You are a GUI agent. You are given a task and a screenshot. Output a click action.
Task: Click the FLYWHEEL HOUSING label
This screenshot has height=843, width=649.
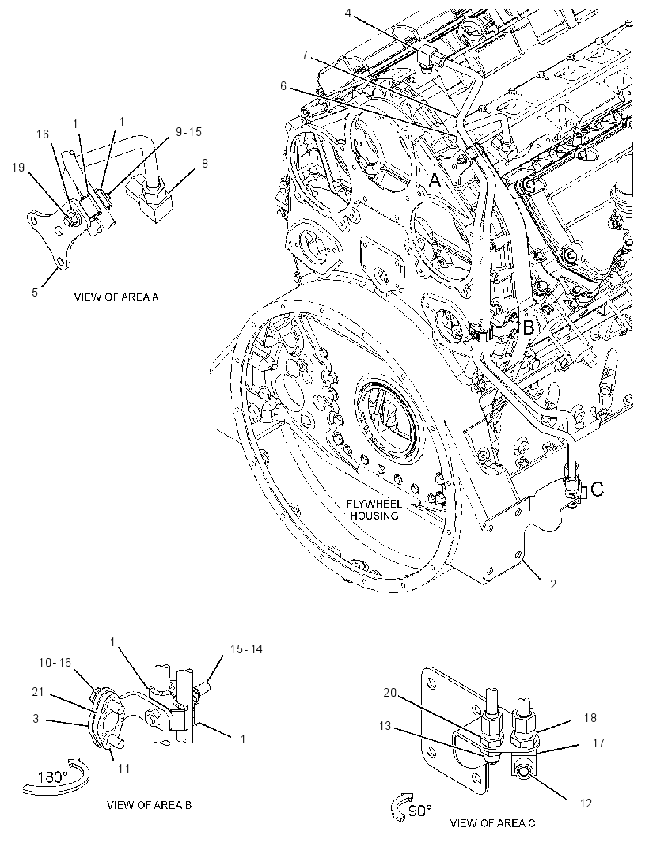click(x=374, y=509)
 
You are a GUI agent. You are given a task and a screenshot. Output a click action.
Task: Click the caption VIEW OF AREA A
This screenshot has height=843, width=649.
click(x=116, y=297)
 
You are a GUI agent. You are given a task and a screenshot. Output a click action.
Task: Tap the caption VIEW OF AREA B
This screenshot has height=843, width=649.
click(x=149, y=805)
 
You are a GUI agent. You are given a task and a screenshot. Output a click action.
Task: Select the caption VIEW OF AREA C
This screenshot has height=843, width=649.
click(x=492, y=822)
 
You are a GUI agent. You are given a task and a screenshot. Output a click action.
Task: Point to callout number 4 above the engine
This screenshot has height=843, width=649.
click(x=348, y=13)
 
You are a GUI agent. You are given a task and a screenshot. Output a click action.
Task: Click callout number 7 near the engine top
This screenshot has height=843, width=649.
click(x=305, y=55)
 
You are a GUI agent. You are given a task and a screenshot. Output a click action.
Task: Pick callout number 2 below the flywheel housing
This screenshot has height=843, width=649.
click(x=553, y=584)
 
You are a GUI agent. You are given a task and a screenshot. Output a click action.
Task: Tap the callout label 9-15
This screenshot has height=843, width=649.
click(x=189, y=132)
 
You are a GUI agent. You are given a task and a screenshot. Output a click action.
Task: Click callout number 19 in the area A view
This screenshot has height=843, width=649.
click(x=18, y=167)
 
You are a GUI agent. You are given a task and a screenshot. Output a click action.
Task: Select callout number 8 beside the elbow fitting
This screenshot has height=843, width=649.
click(x=204, y=163)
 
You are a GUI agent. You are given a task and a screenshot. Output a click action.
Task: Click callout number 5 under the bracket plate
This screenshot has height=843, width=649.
click(x=35, y=293)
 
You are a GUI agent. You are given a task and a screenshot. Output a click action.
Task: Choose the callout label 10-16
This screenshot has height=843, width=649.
click(x=55, y=663)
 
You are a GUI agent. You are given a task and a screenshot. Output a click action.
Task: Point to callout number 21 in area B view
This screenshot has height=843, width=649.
click(x=37, y=692)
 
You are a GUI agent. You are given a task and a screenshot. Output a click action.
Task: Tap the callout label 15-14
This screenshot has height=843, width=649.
click(x=246, y=649)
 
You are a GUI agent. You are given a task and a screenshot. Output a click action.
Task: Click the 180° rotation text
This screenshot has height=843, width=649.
click(x=53, y=777)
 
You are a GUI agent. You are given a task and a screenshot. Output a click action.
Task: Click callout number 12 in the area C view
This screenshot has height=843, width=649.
click(x=586, y=803)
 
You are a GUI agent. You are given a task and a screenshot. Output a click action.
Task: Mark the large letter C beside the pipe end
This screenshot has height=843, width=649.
click(x=598, y=490)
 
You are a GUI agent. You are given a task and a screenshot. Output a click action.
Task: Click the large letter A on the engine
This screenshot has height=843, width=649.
click(x=435, y=181)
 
